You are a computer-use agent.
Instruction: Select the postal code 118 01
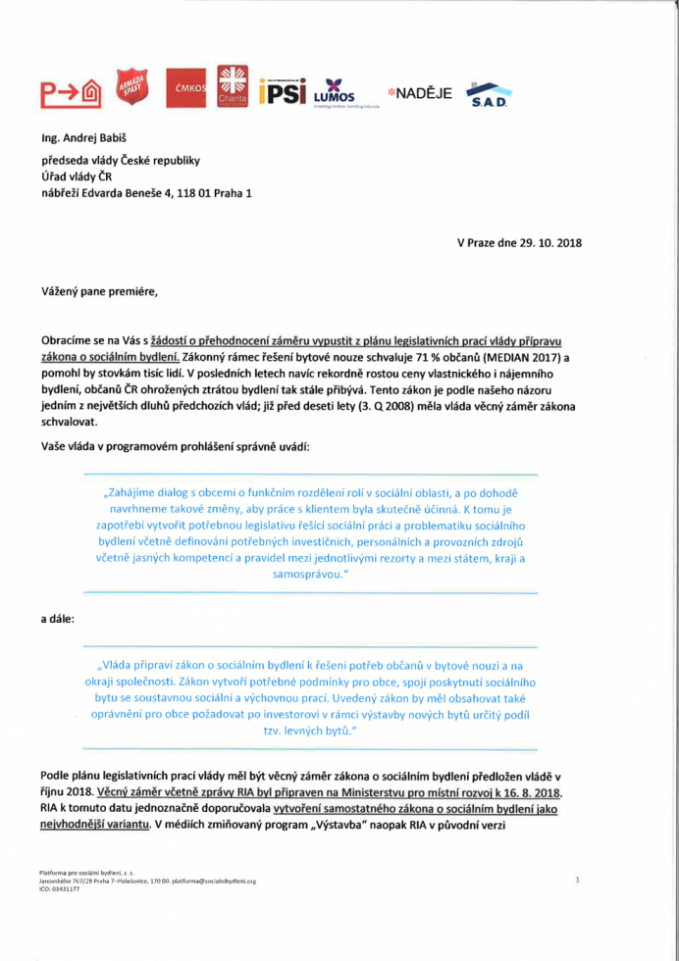[x=188, y=193]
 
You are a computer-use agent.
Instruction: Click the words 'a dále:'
[x=58, y=620]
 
